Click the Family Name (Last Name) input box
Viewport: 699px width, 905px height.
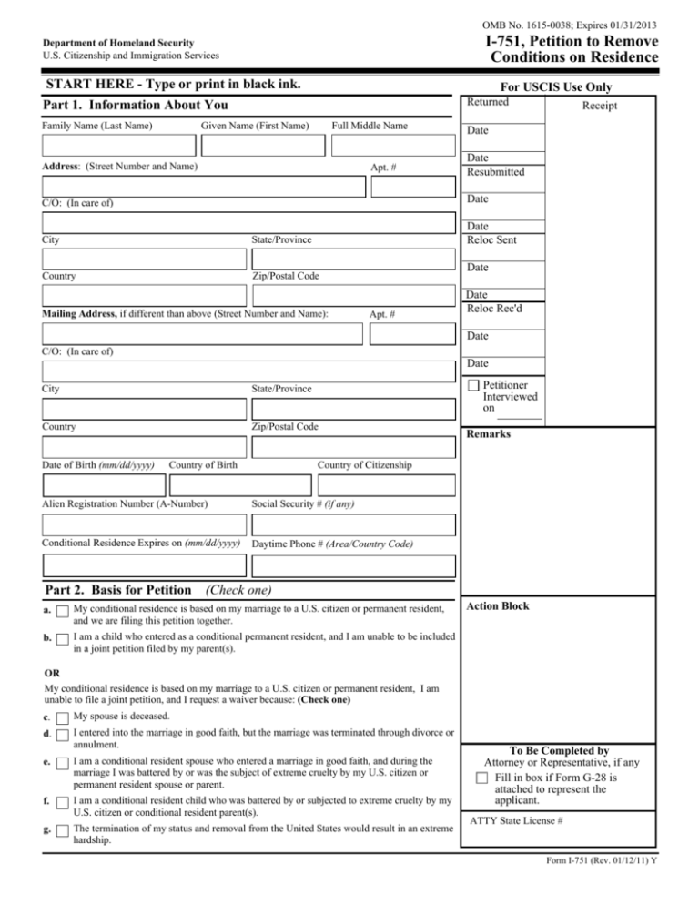click(x=118, y=145)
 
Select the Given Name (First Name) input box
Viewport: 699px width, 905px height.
click(x=262, y=145)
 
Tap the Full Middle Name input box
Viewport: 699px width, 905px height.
click(x=391, y=145)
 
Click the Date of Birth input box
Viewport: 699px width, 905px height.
click(x=91, y=486)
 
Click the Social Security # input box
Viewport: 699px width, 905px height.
click(x=352, y=524)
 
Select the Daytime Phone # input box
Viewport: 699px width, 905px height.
click(x=352, y=564)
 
